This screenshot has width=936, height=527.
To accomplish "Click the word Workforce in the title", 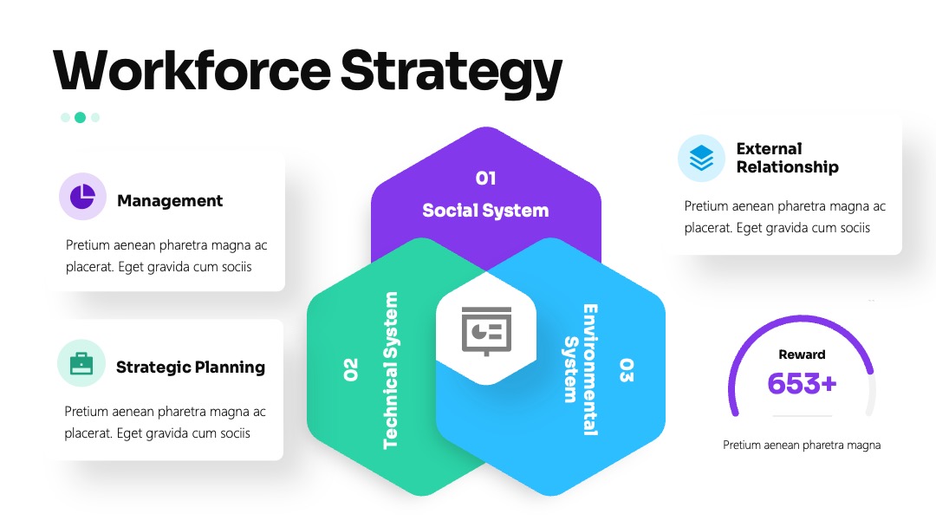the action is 192,70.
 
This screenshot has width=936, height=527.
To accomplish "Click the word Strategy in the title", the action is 452,74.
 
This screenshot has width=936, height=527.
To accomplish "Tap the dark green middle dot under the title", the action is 80,118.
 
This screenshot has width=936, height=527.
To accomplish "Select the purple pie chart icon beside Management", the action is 82,197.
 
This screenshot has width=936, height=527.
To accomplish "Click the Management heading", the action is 170,200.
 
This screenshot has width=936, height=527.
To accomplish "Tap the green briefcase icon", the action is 81,363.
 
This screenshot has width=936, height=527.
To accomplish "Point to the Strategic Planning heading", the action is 191,367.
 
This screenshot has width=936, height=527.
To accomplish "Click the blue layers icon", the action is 701,158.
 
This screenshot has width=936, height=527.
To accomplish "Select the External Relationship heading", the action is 787,158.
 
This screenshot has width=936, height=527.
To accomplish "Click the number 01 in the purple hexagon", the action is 485,178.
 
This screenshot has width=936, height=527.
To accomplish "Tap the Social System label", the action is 485,210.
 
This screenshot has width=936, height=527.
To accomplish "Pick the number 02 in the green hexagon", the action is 350,369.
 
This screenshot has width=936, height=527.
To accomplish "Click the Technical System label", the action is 390,370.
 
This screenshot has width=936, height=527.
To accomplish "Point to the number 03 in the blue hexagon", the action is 626,370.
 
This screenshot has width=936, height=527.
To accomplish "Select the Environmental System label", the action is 581,370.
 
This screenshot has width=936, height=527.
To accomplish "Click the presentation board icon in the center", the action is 486,331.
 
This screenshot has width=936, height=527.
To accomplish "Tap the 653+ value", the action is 802,384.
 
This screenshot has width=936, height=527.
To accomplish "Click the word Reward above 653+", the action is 802,355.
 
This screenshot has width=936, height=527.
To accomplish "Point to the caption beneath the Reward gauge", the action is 802,445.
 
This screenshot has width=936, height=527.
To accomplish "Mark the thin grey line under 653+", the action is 802,415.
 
